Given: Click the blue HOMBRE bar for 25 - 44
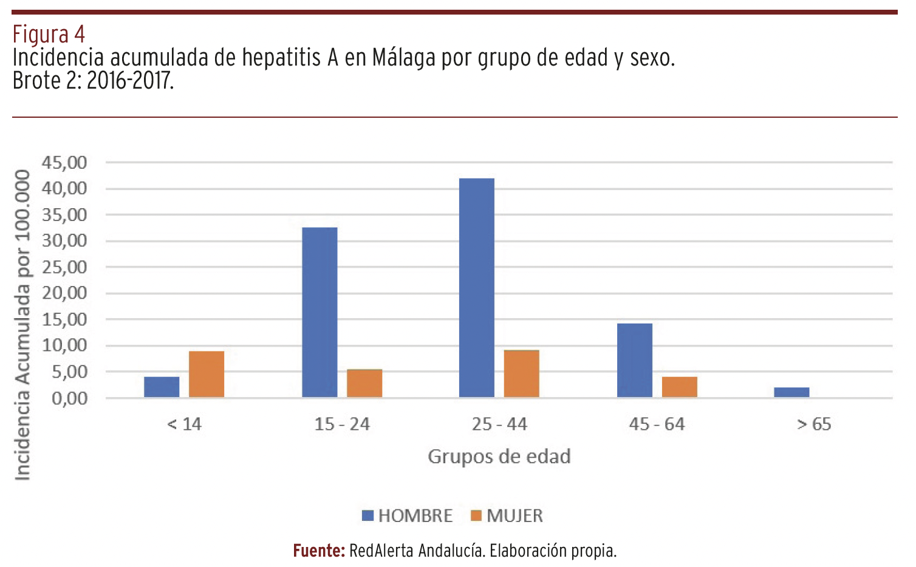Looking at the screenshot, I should (477, 288).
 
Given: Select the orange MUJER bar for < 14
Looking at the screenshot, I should (207, 374).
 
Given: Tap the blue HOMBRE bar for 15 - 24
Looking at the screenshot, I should (320, 312).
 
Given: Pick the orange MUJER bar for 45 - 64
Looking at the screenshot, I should (680, 387).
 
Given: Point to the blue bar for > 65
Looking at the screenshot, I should (791, 392).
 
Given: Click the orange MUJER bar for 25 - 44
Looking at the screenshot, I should (522, 373).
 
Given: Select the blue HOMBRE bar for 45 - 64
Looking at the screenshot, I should (635, 360).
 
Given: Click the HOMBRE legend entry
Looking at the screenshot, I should (408, 515).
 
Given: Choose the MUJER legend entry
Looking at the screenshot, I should (507, 515).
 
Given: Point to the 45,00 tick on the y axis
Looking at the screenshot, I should (64, 163).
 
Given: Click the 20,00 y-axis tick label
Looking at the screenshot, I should (64, 293).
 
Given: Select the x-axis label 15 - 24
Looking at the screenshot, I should (342, 424).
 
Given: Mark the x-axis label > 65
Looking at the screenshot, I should (814, 424).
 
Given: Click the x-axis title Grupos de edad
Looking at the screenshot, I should (499, 457).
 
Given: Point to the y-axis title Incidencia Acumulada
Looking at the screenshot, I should (22, 325).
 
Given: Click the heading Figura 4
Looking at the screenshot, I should (49, 34).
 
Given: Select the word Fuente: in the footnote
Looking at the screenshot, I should (319, 551).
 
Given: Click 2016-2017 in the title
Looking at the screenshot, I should (130, 81).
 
